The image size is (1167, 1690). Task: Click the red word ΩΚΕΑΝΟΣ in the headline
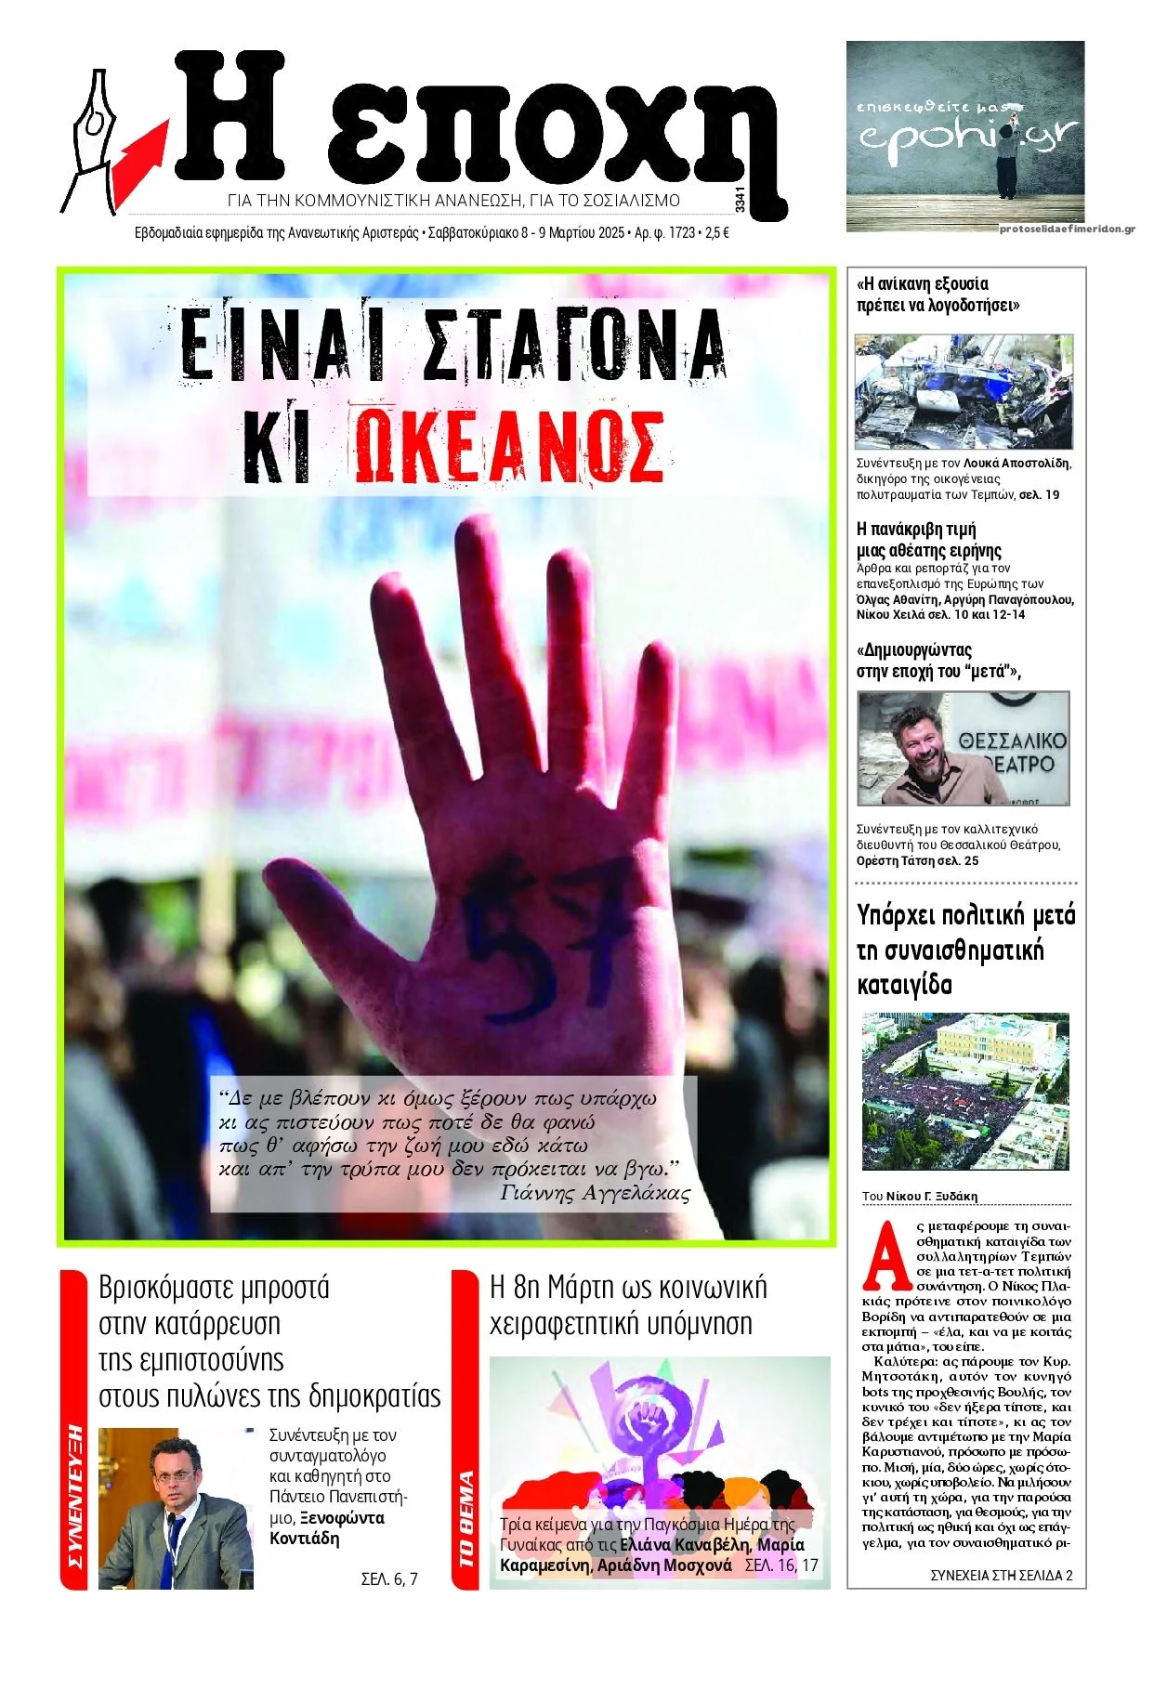(x=509, y=447)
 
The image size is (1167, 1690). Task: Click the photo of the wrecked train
(x=964, y=391)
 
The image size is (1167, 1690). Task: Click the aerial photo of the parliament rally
(x=965, y=1091)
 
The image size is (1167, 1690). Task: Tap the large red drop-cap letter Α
(x=887, y=1256)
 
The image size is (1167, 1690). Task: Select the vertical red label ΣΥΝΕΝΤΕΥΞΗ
(x=74, y=1497)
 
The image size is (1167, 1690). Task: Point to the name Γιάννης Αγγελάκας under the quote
(x=595, y=1194)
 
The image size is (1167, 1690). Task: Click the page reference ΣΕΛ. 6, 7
(x=388, y=1579)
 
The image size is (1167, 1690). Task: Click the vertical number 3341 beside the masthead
(x=739, y=200)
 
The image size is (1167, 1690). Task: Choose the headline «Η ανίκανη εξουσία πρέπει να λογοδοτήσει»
(x=937, y=295)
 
